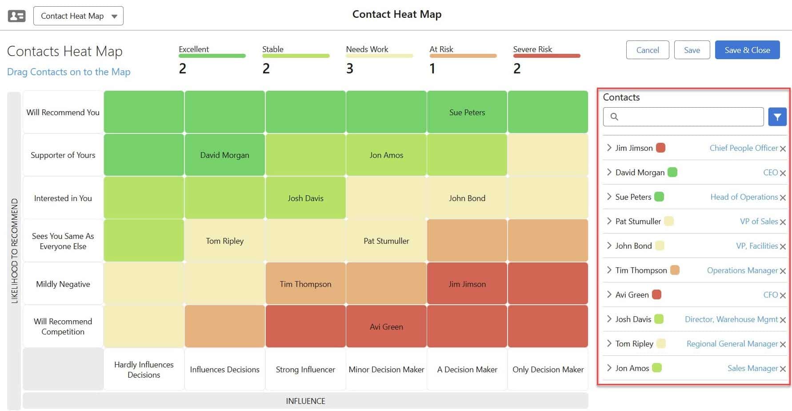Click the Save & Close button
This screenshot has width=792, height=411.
[747, 50]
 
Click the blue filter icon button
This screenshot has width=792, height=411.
[777, 117]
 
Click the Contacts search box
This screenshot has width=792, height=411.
[684, 117]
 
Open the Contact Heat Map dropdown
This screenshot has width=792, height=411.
[78, 16]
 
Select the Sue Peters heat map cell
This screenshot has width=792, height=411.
[467, 113]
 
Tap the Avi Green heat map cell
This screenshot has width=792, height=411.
[386, 327]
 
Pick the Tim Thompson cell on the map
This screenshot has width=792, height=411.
[305, 284]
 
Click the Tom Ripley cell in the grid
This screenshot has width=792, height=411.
[224, 241]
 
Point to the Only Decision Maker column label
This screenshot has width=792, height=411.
[548, 370]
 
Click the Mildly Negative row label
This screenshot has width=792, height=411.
[63, 284]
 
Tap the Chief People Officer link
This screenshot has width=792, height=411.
[744, 148]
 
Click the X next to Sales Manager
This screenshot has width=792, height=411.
[783, 369]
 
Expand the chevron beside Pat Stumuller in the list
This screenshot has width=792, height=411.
[609, 221]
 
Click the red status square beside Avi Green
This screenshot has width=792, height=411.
[656, 294]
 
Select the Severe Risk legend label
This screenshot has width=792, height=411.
[532, 49]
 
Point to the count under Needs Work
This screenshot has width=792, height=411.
[350, 69]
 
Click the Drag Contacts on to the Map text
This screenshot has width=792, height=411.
[69, 72]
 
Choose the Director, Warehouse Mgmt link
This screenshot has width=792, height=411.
[731, 319]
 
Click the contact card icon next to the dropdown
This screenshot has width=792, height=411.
[17, 16]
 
